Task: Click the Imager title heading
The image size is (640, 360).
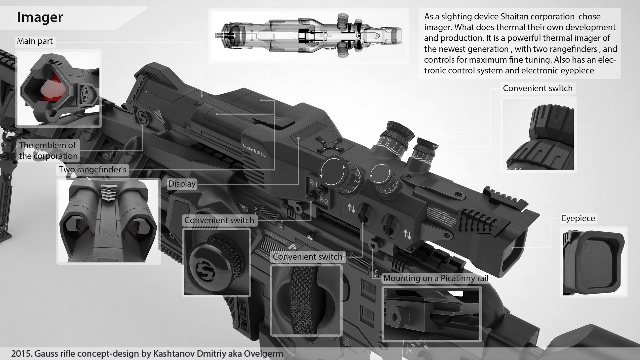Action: pyautogui.click(x=40, y=17)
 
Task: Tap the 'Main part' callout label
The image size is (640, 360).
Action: pyautogui.click(x=35, y=41)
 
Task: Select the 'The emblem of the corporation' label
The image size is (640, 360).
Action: pyautogui.click(x=48, y=151)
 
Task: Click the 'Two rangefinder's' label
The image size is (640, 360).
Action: pyautogui.click(x=92, y=170)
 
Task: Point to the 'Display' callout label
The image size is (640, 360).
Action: pyautogui.click(x=182, y=184)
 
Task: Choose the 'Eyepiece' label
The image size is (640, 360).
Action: pyautogui.click(x=578, y=218)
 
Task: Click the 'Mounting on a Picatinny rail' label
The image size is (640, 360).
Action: pyautogui.click(x=436, y=278)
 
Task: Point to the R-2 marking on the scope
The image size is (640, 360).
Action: pyautogui.click(x=324, y=201)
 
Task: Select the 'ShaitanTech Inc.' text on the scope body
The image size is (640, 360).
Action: pyautogui.click(x=254, y=151)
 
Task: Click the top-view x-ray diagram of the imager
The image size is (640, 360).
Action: pyautogui.click(x=308, y=35)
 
